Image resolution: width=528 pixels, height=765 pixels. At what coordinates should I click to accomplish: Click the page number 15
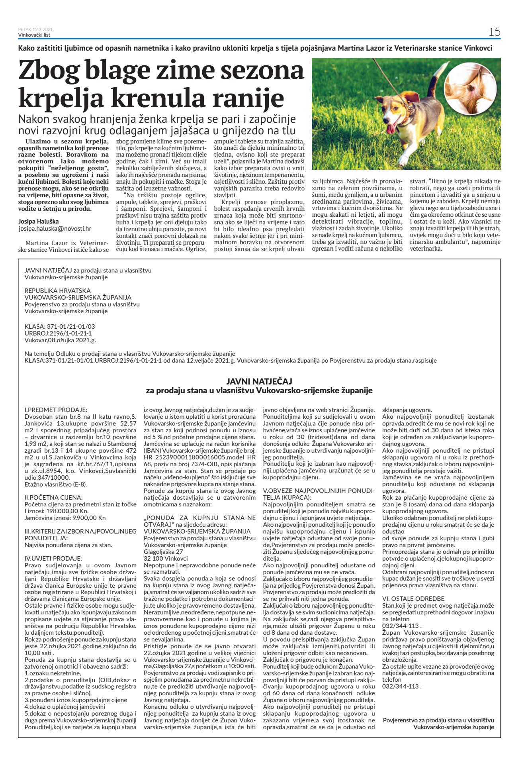point(495,32)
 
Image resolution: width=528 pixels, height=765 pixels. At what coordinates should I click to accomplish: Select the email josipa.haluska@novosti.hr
point(55,229)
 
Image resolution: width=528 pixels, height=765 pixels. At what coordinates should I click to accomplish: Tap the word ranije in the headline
point(246,98)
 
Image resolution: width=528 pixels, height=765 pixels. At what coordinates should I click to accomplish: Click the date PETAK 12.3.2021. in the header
point(36,29)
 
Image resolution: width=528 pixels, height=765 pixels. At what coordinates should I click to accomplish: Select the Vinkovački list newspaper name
point(34,35)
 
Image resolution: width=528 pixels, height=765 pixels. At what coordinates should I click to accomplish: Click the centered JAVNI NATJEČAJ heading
point(259,381)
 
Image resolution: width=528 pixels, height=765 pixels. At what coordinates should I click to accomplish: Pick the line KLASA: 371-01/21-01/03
point(60,326)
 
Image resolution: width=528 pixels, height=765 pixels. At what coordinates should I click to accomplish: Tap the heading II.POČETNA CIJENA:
point(54,497)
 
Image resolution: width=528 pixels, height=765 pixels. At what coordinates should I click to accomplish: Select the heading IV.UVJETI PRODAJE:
point(53,558)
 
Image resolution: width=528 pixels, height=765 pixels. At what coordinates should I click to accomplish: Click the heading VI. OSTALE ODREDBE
point(413,598)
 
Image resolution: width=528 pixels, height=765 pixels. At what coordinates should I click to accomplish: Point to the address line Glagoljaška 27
point(163,551)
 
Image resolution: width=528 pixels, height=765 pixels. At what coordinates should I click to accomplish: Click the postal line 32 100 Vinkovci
point(166,558)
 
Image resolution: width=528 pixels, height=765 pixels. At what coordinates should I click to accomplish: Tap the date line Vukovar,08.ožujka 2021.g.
point(60,340)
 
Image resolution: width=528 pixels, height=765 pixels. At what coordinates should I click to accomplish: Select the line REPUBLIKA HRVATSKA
point(58,290)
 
